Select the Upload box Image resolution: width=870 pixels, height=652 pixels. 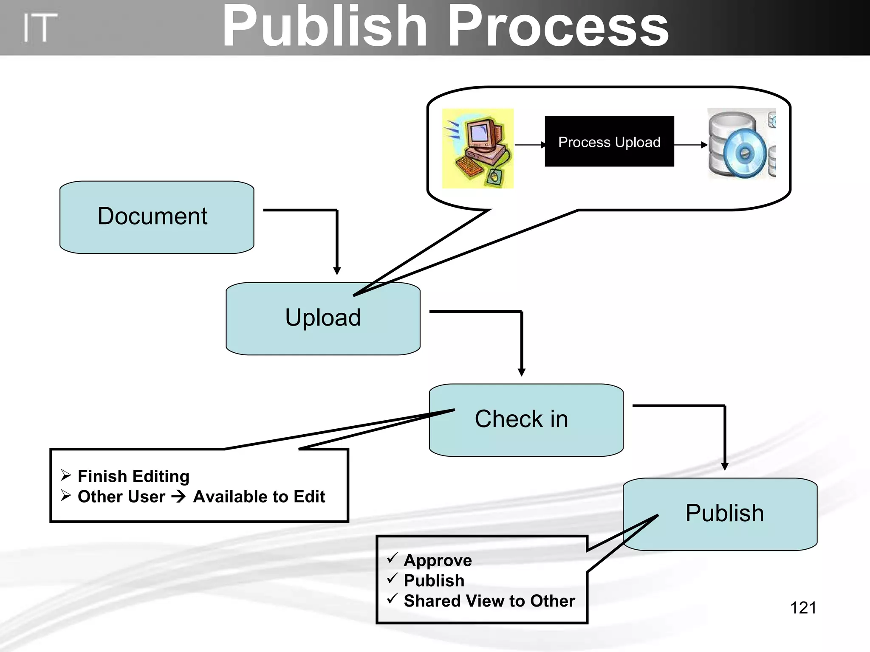pyautogui.click(x=323, y=323)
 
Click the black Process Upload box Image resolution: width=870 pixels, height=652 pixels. pyautogui.click(x=609, y=141)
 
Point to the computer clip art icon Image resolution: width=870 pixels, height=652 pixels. pyautogui.click(x=478, y=148)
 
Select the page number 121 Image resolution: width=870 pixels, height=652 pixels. pyautogui.click(x=803, y=608)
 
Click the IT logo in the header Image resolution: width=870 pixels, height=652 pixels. pyautogui.click(x=40, y=28)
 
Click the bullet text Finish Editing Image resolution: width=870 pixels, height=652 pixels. pyautogui.click(x=133, y=476)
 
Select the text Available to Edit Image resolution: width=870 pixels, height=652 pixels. pyautogui.click(x=259, y=497)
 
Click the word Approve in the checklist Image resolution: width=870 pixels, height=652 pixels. pyautogui.click(x=438, y=560)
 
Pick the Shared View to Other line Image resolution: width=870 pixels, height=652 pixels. pyautogui.click(x=489, y=601)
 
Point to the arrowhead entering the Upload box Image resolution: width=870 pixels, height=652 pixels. pyautogui.click(x=337, y=271)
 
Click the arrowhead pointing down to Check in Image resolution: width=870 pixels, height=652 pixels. pyautogui.click(x=522, y=372)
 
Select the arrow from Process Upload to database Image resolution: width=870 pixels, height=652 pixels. pyautogui.click(x=690, y=145)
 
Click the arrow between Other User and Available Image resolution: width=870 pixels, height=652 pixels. pyautogui.click(x=179, y=497)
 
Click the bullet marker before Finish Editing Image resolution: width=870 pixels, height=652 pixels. pyautogui.click(x=66, y=475)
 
